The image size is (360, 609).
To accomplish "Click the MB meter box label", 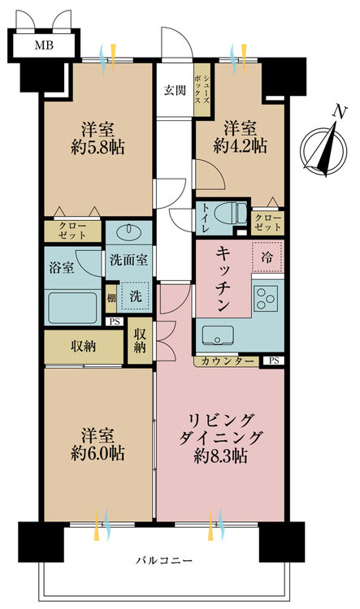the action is click(44, 45).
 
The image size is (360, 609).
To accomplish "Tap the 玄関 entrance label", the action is click(175, 90).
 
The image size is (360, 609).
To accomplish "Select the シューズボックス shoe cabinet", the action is click(202, 89).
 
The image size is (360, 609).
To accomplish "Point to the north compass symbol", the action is click(324, 148).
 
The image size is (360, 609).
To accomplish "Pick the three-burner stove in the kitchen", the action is click(266, 298).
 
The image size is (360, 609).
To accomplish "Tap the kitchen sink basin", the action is click(217, 335).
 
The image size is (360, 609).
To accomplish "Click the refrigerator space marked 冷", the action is click(267, 257).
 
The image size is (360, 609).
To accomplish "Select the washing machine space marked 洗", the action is click(135, 296).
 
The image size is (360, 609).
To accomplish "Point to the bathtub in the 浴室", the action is click(72, 307).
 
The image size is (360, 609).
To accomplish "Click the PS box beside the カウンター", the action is click(274, 361).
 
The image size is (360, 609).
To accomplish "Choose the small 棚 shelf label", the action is click(111, 298).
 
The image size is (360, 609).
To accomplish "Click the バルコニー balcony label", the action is click(163, 561).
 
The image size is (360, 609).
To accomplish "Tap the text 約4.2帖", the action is click(240, 146).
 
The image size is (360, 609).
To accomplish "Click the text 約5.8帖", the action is click(98, 147).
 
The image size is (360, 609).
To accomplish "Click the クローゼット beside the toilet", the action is click(268, 223).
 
